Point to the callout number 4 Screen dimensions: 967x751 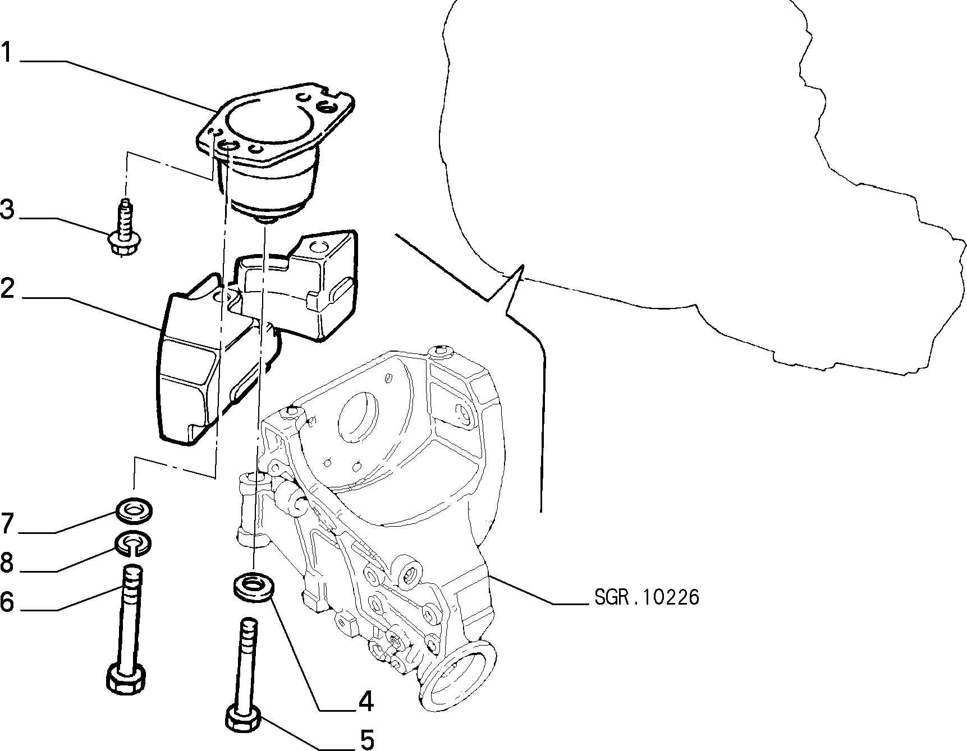(x=366, y=701)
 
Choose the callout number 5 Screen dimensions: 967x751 (x=366, y=740)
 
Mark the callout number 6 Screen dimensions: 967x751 (x=7, y=602)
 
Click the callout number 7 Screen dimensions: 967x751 (x=7, y=523)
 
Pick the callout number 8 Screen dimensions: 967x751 (x=7, y=563)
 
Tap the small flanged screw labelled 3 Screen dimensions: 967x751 (x=123, y=229)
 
